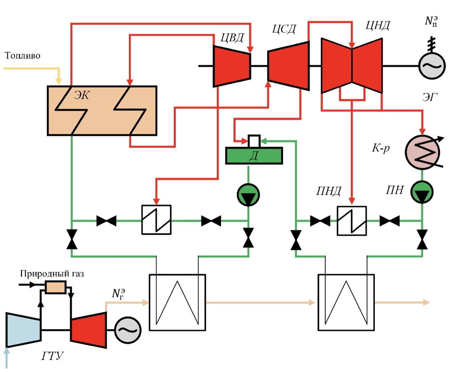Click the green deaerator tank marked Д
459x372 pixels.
pos(254,156)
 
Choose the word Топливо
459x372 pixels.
pos(23,56)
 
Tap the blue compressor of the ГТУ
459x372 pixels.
pos(23,330)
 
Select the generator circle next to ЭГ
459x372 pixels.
pos(431,65)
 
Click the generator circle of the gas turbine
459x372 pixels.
pos(128,330)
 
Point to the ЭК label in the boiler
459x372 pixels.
pos(81,95)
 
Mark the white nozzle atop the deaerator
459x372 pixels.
pos(254,140)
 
